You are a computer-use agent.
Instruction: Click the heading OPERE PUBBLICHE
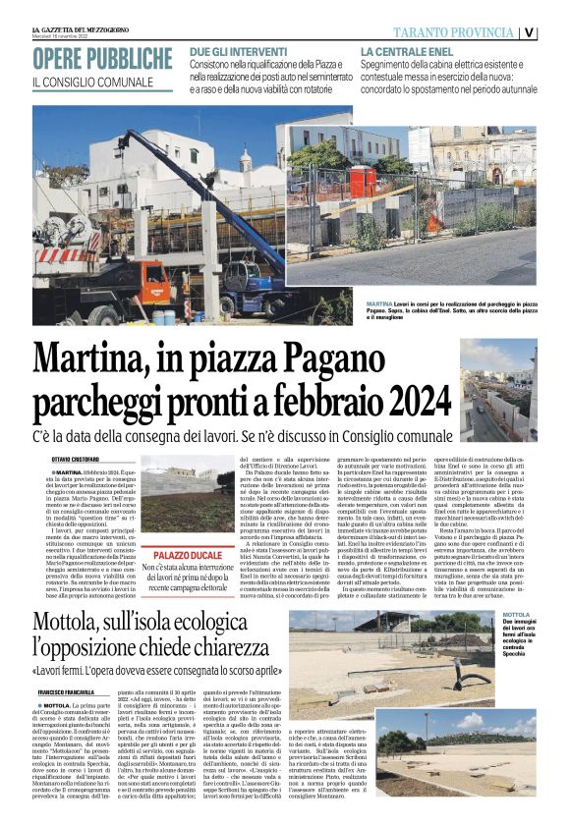[102, 59]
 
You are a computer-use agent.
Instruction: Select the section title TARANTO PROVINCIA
[459, 32]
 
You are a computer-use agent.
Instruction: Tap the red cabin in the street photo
[364, 181]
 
